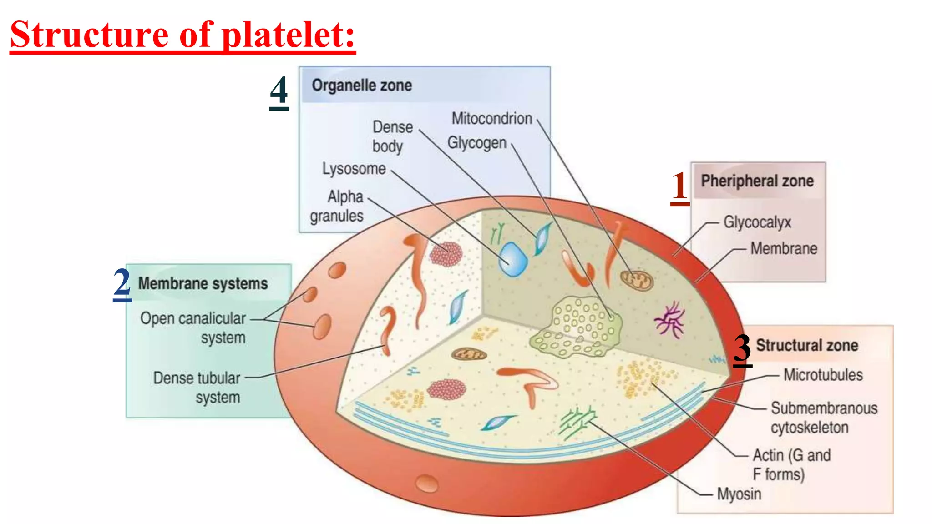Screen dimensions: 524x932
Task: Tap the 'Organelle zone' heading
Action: (x=362, y=86)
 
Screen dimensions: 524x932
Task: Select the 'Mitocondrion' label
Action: (x=491, y=119)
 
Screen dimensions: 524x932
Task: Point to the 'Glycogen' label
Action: (x=476, y=143)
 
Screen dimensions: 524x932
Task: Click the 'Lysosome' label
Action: (x=354, y=169)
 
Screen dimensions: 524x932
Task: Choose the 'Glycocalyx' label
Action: (x=757, y=222)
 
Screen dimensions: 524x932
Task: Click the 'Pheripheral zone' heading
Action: (x=757, y=181)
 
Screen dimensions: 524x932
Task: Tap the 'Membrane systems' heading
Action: (x=203, y=284)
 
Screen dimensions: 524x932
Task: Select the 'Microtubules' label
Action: (x=823, y=375)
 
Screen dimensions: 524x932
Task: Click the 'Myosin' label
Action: (x=739, y=494)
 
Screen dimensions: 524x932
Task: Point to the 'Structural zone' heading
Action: (x=807, y=345)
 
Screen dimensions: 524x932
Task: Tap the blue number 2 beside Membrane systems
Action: (x=122, y=284)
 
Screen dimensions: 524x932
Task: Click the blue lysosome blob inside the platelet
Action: (x=513, y=260)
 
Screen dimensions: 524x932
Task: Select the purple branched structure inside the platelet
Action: (x=669, y=320)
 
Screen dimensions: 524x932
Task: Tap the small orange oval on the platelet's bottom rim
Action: (x=427, y=483)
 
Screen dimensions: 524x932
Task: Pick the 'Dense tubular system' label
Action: (x=197, y=388)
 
